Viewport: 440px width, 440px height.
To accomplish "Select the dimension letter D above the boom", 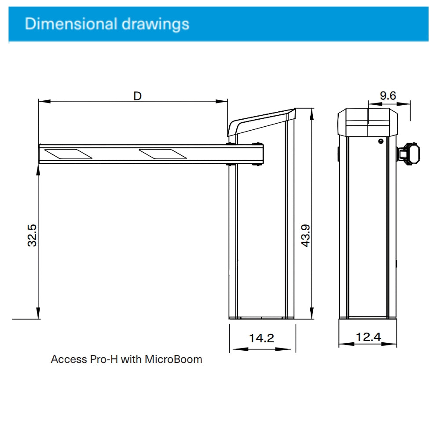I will click(x=138, y=95).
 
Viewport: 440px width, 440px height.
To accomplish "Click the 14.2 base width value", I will click(x=261, y=338).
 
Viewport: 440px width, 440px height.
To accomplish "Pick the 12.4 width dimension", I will click(x=368, y=337).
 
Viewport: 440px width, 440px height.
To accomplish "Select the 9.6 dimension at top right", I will click(x=388, y=95).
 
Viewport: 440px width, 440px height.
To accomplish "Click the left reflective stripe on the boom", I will click(x=68, y=154).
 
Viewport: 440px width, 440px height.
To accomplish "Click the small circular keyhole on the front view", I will click(x=381, y=141).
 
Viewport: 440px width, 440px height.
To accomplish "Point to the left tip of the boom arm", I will click(x=40, y=154).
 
